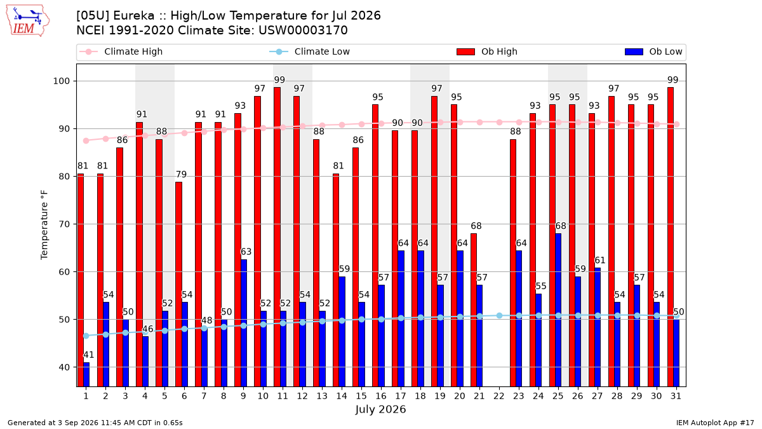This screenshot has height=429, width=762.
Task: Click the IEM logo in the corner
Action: pyautogui.click(x=27, y=21)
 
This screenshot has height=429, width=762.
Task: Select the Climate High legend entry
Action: pyautogui.click(x=121, y=51)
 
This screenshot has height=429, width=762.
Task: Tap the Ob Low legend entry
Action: pyautogui.click(x=653, y=51)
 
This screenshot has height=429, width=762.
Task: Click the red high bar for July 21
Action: pyautogui.click(x=474, y=310)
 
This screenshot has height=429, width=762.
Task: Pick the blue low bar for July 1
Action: pyautogui.click(x=86, y=374)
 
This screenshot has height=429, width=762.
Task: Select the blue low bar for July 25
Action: pyautogui.click(x=558, y=310)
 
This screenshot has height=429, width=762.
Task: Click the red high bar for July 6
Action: pyautogui.click(x=178, y=284)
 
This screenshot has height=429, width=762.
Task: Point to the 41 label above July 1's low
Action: pyautogui.click(x=88, y=355)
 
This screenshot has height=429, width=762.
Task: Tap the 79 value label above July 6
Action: pyautogui.click(x=182, y=174)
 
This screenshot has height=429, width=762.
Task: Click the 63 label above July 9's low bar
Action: pyautogui.click(x=246, y=252)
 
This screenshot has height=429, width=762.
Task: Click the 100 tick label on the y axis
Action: pyautogui.click(x=61, y=81)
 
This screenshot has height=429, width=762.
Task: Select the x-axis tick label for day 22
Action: pyautogui.click(x=498, y=396)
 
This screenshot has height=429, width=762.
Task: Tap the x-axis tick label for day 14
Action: pyautogui.click(x=342, y=396)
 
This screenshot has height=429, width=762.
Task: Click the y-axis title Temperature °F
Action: pyautogui.click(x=44, y=225)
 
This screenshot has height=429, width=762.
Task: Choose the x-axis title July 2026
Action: pyautogui.click(x=380, y=409)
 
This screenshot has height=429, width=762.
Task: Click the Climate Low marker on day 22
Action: pyautogui.click(x=499, y=316)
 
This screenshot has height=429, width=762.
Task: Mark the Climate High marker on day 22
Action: pyautogui.click(x=499, y=122)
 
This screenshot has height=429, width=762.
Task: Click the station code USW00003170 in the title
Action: pyautogui.click(x=303, y=31)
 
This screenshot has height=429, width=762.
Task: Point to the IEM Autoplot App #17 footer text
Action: pyautogui.click(x=715, y=423)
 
